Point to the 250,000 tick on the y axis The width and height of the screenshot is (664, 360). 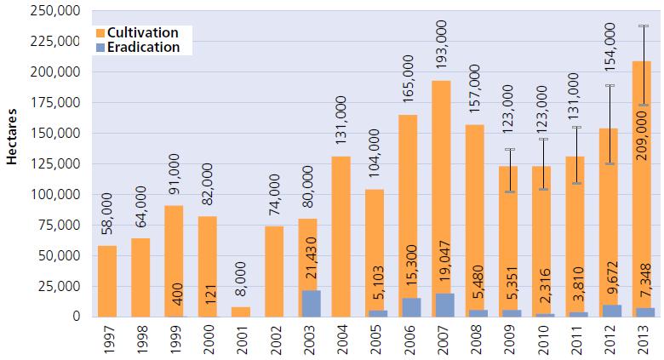pyautogui.click(x=53, y=11)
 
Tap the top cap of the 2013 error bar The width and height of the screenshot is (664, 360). pyautogui.click(x=643, y=26)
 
